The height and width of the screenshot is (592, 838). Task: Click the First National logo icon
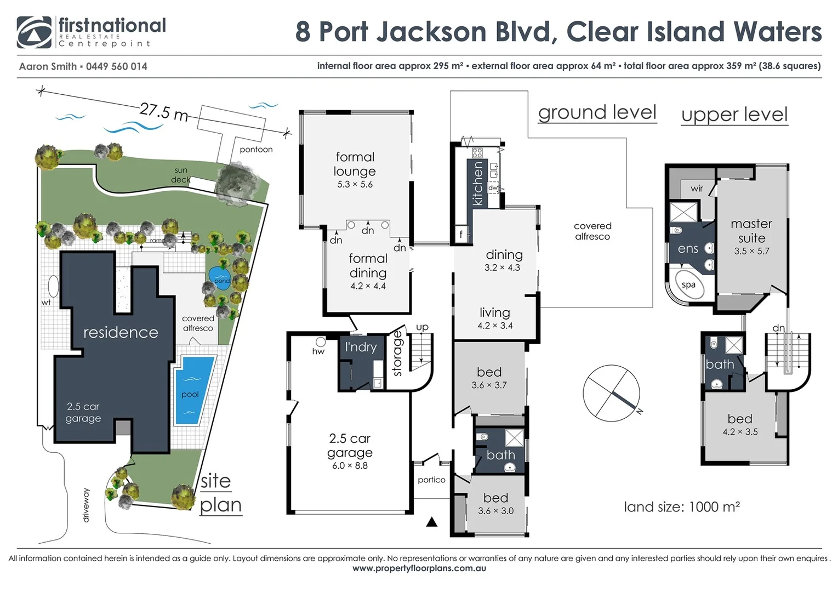(34, 32)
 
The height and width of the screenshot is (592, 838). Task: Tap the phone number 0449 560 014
(116, 66)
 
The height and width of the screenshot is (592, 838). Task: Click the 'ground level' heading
(597, 112)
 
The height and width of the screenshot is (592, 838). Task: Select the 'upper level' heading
(734, 115)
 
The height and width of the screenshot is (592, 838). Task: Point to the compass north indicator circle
(611, 393)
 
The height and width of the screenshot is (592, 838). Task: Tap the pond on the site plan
(220, 277)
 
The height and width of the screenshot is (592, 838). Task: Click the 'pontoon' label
(256, 149)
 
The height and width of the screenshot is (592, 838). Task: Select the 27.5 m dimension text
(163, 111)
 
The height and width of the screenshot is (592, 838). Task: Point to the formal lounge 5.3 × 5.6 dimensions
(355, 185)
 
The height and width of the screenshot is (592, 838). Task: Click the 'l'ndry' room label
(361, 347)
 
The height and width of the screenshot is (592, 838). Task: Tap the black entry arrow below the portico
(432, 522)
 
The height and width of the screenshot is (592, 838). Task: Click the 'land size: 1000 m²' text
(681, 507)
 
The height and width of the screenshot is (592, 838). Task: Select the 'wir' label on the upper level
(697, 189)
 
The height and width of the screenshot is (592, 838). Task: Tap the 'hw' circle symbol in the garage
(321, 341)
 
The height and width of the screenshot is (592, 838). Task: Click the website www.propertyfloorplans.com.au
(419, 568)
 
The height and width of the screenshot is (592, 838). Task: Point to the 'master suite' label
(751, 231)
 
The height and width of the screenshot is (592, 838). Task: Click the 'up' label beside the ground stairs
(422, 327)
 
